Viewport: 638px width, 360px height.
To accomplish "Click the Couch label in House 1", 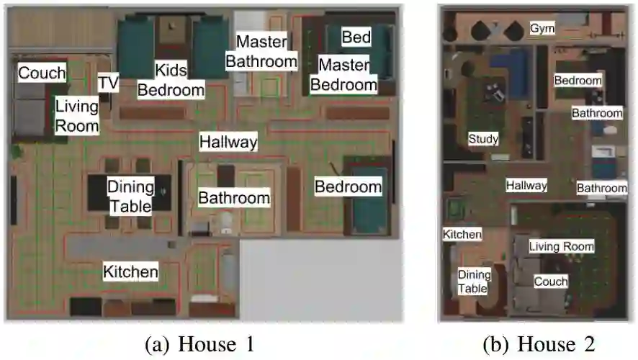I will click(42, 73).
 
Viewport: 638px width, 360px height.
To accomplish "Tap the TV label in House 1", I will click(108, 83).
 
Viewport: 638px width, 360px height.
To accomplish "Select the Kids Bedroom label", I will click(171, 80).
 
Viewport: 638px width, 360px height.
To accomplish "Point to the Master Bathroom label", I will click(261, 51).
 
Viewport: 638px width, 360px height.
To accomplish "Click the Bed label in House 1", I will click(356, 37).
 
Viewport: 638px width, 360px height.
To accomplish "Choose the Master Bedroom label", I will click(343, 75).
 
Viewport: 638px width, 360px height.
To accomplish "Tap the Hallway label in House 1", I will click(228, 142).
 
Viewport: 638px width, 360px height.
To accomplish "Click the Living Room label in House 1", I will click(77, 116).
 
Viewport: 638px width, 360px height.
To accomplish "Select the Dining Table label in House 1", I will click(131, 197).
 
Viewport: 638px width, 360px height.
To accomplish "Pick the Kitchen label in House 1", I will click(130, 271).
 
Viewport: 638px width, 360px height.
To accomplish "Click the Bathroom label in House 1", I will click(234, 197).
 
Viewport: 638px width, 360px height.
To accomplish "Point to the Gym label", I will click(542, 28).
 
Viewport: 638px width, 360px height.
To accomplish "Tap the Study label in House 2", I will click(482, 138).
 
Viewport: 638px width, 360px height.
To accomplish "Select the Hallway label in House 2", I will click(526, 185).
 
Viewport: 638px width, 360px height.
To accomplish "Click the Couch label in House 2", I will click(550, 282).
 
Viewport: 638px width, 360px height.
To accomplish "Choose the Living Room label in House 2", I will click(562, 246).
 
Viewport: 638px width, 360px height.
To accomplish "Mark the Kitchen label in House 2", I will click(462, 235).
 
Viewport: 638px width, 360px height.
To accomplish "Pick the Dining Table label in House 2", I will click(474, 282).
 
